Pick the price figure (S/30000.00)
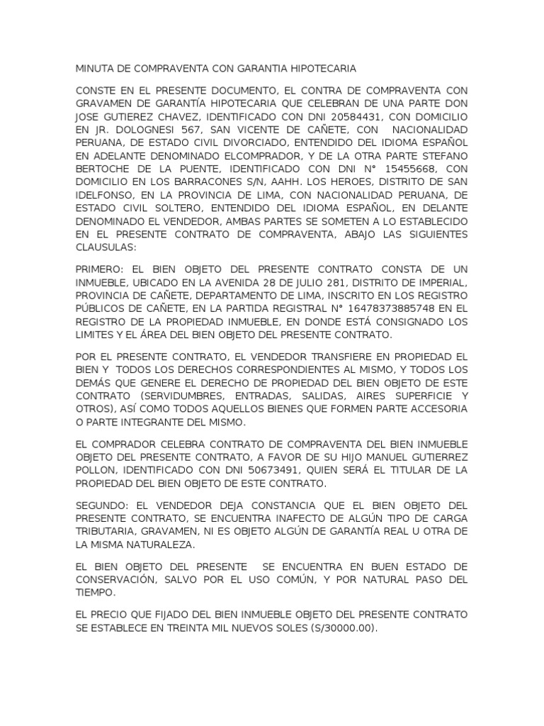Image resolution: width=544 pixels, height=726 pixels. click(334, 628)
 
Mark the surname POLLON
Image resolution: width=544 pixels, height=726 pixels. click(96, 470)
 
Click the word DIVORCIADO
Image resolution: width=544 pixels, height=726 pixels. click(242, 144)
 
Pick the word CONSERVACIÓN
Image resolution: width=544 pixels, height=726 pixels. click(116, 579)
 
